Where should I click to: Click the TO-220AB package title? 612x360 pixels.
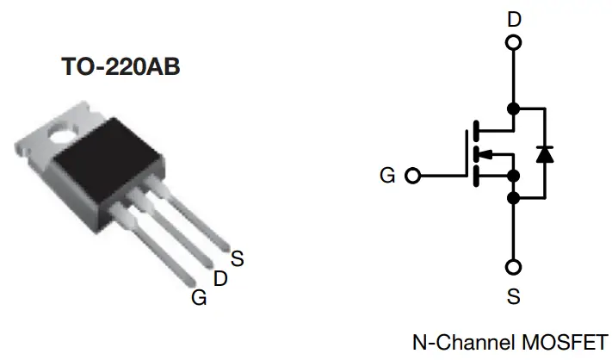pyautogui.click(x=121, y=68)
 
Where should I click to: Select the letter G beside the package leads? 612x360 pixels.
pyautogui.click(x=200, y=298)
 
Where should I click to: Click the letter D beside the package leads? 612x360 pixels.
pyautogui.click(x=220, y=278)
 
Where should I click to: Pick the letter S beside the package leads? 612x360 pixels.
pyautogui.click(x=238, y=257)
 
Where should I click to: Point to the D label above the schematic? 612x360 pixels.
pyautogui.click(x=514, y=17)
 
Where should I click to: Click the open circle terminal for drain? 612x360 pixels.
pyautogui.click(x=514, y=42)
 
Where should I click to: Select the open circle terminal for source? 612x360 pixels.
pyautogui.click(x=514, y=266)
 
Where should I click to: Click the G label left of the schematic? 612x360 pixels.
pyautogui.click(x=387, y=176)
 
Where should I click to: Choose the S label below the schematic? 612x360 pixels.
pyautogui.click(x=514, y=297)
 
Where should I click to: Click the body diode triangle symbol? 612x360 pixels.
pyautogui.click(x=544, y=153)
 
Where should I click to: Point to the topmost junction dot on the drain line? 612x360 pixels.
pyautogui.click(x=514, y=109)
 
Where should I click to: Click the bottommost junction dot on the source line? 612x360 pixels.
pyautogui.click(x=514, y=199)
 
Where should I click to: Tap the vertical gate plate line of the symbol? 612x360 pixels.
pyautogui.click(x=467, y=155)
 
